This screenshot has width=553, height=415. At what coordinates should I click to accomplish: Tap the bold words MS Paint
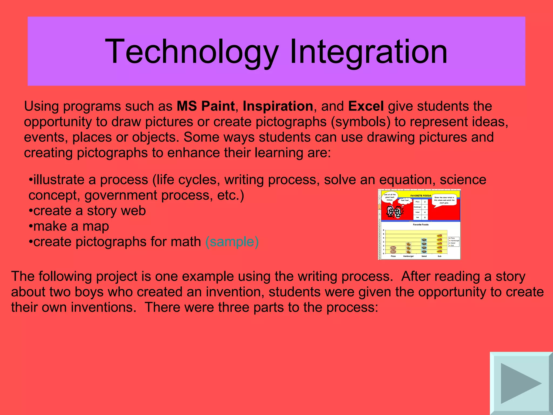point(205,106)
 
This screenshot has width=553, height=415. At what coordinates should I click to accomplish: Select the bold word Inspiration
point(278,106)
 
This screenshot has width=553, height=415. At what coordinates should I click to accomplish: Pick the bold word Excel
point(366,106)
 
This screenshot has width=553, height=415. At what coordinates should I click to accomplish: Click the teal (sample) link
point(232,242)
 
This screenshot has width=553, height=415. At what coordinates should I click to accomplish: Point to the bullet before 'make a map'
point(31,226)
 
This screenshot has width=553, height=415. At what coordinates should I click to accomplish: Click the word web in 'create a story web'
point(133,211)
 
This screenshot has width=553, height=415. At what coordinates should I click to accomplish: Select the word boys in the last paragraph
point(89,292)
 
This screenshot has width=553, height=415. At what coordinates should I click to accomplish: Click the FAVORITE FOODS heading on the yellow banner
point(421,196)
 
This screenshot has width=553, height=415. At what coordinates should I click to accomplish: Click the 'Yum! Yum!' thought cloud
point(405,200)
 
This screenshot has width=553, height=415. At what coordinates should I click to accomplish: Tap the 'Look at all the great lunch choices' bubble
point(390,197)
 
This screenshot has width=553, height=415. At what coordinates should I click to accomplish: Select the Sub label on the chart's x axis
point(440,256)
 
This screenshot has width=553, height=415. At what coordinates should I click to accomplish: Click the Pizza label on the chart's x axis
point(393,256)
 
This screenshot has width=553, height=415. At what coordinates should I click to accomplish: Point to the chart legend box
point(454,242)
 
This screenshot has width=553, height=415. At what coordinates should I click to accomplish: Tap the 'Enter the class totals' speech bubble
point(444,200)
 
